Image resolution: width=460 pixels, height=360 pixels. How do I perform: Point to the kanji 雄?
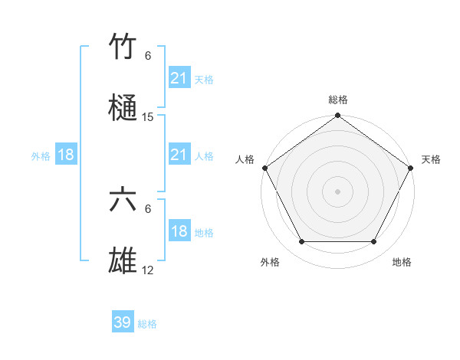tap(123, 261)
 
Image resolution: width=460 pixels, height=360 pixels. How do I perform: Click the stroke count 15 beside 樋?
tap(148, 117)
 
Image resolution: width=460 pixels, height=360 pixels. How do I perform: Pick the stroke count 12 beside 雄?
tap(148, 270)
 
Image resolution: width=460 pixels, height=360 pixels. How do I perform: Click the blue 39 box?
tap(122, 322)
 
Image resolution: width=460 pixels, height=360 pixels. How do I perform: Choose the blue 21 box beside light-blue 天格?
tap(179, 78)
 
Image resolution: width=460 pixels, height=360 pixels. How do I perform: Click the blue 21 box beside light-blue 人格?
tap(179, 155)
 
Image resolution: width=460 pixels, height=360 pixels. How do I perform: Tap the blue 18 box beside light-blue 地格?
tap(179, 232)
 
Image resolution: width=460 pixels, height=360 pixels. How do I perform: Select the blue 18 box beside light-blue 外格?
tap(66, 155)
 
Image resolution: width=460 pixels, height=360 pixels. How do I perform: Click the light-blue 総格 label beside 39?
tap(147, 324)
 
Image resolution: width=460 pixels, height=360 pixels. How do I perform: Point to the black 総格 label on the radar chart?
tap(338, 100)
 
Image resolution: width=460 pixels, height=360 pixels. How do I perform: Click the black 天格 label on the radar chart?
tap(431, 159)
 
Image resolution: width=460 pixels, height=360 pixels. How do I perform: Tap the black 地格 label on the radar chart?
tap(402, 262)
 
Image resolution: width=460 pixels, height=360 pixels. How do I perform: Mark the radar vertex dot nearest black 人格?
tap(264, 168)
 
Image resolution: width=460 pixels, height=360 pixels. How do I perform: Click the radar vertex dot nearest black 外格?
tap(301, 242)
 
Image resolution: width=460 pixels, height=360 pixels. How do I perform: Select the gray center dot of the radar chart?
tap(337, 191)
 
